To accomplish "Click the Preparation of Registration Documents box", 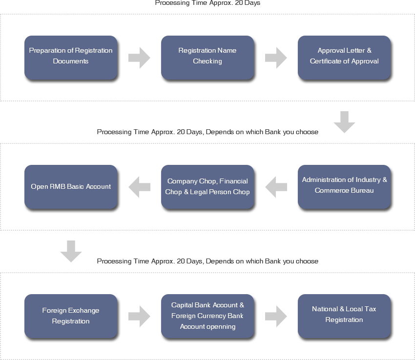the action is coord(71,58).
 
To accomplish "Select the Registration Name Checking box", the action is coord(207,58).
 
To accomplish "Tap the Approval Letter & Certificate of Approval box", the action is coord(344,58).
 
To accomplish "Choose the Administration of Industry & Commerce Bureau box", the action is coord(344,187).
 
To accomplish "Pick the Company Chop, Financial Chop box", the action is coord(207,187).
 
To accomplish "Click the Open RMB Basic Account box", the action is coord(71,187).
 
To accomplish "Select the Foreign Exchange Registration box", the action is coord(71,316).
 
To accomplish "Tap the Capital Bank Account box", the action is coord(207,316).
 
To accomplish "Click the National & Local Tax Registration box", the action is coord(344,316).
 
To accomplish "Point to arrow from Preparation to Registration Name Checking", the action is coord(139,58).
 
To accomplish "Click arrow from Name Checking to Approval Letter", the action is coord(276,58).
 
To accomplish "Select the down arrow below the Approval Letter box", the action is coord(344,122).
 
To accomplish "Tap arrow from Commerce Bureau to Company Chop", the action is coord(276,187).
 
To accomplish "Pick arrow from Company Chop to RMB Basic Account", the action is coord(139,187).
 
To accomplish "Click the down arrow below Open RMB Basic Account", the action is coord(71,251).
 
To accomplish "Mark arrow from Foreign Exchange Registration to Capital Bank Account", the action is coord(139,316).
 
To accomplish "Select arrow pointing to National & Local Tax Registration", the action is coord(276,316).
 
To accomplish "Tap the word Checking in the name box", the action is coord(207,61).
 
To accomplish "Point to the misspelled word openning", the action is coord(221,327).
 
